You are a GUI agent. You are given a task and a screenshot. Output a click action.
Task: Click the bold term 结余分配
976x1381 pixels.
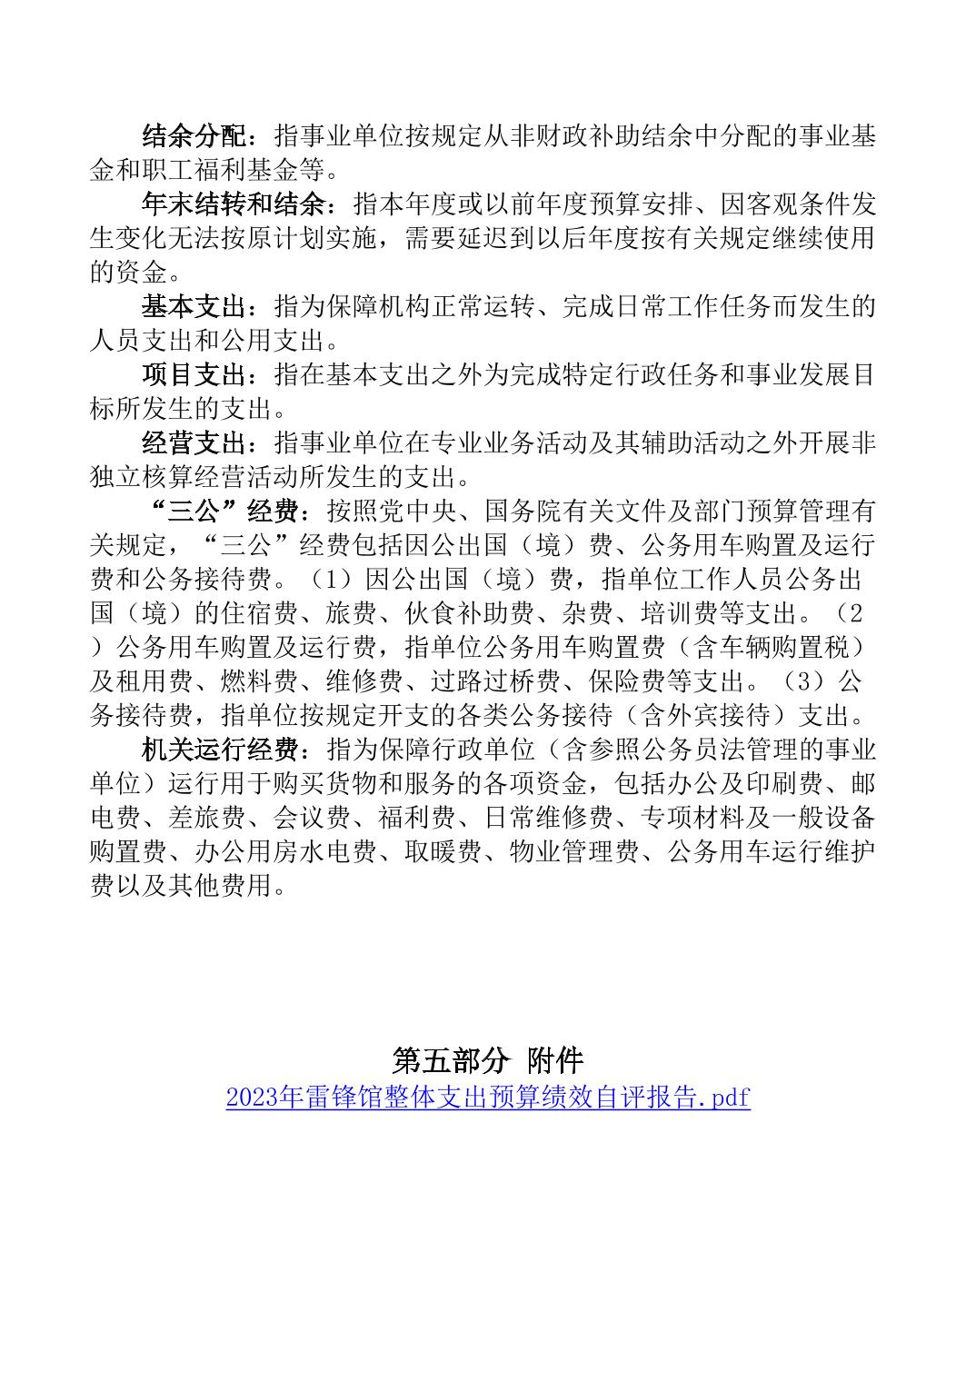click(x=194, y=137)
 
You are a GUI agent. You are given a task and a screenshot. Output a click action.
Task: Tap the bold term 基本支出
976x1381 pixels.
click(x=194, y=306)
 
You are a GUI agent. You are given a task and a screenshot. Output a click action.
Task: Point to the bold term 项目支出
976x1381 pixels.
click(x=194, y=374)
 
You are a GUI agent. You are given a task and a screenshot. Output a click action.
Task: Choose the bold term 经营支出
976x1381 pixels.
click(x=194, y=442)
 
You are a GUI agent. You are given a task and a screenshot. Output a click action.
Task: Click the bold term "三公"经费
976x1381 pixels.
click(x=221, y=512)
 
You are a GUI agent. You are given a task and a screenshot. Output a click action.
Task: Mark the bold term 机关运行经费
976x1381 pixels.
click(x=220, y=750)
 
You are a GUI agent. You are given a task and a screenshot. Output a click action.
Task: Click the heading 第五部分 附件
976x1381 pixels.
click(x=488, y=1059)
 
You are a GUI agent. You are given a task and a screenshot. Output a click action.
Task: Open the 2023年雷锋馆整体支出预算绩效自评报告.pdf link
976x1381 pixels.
click(x=488, y=1098)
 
